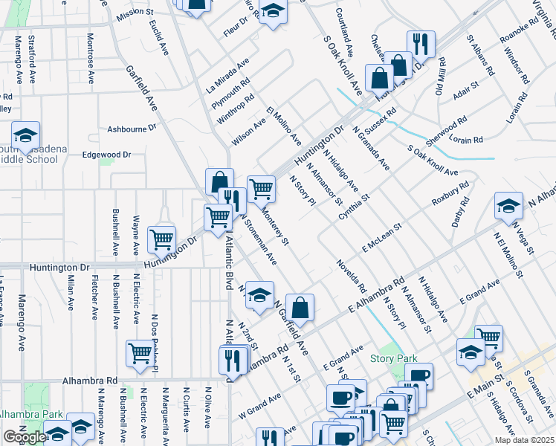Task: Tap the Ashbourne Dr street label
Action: tap(132, 128)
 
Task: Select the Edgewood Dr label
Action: tap(106, 155)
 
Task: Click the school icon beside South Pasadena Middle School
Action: tap(25, 135)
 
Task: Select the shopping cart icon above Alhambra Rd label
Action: tap(140, 354)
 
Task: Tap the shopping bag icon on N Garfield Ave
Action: tap(300, 307)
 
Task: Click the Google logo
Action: tap(25, 437)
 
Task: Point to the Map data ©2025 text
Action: tap(524, 440)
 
